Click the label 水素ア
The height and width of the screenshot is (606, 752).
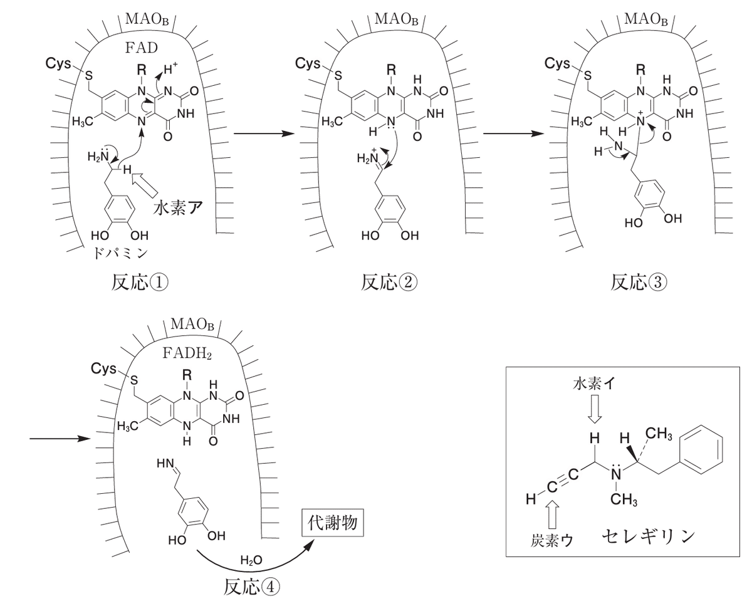coord(178,209)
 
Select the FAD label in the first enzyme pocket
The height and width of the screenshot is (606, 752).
coord(141,48)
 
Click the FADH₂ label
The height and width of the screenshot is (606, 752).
coord(187,353)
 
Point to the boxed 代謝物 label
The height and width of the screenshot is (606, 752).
coord(333,523)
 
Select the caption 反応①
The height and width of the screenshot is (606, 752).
coord(140,282)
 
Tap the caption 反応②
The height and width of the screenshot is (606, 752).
coord(389,282)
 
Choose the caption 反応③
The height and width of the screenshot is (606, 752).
coord(639,282)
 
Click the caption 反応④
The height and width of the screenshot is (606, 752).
coord(251,587)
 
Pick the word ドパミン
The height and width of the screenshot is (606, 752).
coord(120,254)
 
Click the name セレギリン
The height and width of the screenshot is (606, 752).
coord(648,537)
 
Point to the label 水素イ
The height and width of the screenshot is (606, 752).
coord(593,384)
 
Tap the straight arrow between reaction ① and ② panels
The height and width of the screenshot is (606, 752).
coord(263,133)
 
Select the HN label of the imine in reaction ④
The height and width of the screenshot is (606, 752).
coord(165,464)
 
